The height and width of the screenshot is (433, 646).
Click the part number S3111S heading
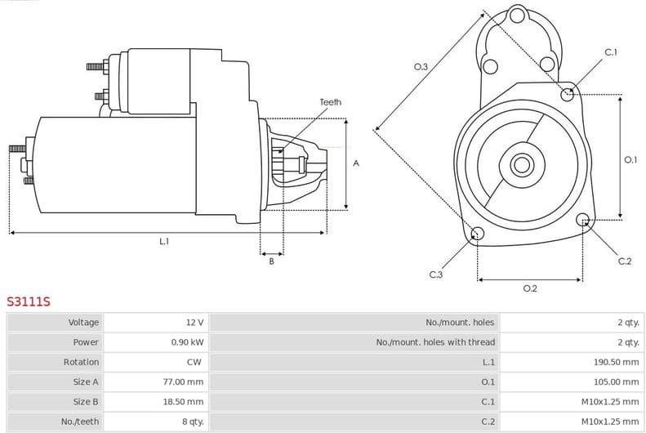pos(29,301)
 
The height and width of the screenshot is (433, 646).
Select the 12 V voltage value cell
pos(194,323)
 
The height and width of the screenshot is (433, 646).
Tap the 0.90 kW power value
pos(187,342)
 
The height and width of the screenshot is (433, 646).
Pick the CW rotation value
pos(194,362)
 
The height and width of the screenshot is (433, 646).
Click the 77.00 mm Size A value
pos(184,382)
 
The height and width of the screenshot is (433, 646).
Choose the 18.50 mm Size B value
pos(184,401)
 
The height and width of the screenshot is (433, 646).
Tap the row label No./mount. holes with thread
pos(435,342)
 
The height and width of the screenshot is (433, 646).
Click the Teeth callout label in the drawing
pos(330,102)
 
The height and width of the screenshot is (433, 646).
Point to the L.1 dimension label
pos(164,241)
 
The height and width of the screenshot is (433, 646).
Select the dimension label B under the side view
pos(271,261)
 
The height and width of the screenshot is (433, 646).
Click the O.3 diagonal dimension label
pos(421,66)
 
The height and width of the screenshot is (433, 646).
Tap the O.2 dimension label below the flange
pos(529,288)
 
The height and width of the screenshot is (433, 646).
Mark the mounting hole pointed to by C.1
pos(568,94)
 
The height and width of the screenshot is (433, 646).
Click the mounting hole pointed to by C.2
pos(583,220)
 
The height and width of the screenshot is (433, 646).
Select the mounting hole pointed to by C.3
pos(478,235)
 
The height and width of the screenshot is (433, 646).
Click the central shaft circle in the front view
pos(521,164)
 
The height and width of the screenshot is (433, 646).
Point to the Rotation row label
pos(81,362)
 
